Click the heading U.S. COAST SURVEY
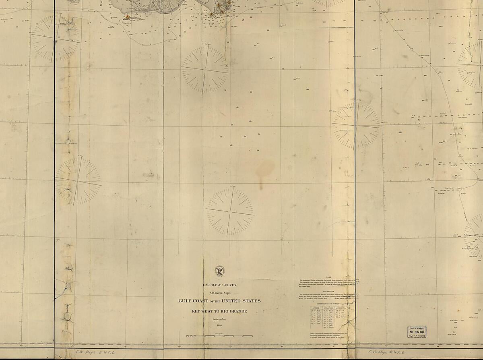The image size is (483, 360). click(219, 285)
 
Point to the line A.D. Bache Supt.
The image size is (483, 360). click(219, 293)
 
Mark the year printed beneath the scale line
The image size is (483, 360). click(219, 325)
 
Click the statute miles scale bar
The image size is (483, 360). click(219, 335)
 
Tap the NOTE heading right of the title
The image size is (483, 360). click(328, 277)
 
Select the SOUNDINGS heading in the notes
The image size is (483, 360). click(328, 291)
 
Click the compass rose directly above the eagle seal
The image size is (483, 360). click(230, 211)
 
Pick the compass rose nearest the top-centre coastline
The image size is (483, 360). click(205, 70)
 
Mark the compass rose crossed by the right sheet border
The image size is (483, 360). click(356, 125)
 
